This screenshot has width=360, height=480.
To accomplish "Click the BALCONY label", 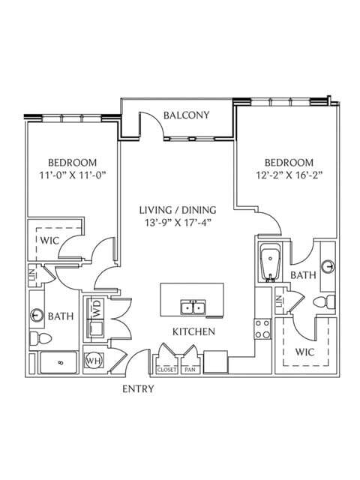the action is pos(187,115).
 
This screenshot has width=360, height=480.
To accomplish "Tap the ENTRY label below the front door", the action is pos(138,388).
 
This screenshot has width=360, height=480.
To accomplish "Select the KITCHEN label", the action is pos(193,331).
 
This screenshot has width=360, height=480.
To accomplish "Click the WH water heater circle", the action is pos(94,361).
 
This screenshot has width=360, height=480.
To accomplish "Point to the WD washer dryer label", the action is pos(97,308).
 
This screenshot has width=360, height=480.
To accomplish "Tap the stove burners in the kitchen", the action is pos(262,329).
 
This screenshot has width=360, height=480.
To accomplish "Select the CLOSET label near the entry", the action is pos(166,370).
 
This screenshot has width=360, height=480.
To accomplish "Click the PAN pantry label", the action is pos(190,370).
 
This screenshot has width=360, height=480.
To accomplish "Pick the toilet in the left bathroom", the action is pos(40,338).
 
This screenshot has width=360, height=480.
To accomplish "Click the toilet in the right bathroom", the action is pos(324,302).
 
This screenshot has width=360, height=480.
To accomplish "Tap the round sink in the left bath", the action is pos(37,315).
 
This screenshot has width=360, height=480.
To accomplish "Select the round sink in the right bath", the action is pos(329,267).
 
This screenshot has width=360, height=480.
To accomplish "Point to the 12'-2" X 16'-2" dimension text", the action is pos(289,175).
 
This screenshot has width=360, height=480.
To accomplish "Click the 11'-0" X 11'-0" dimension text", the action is pos(73,175).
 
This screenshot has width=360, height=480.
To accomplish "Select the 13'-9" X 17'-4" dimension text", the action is pos(178,223).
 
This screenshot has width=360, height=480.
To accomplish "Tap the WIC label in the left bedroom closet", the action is pos(49,241).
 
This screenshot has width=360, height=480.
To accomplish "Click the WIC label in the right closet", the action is pos(305,352).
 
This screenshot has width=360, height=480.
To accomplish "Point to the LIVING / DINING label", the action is pos(178,210).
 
